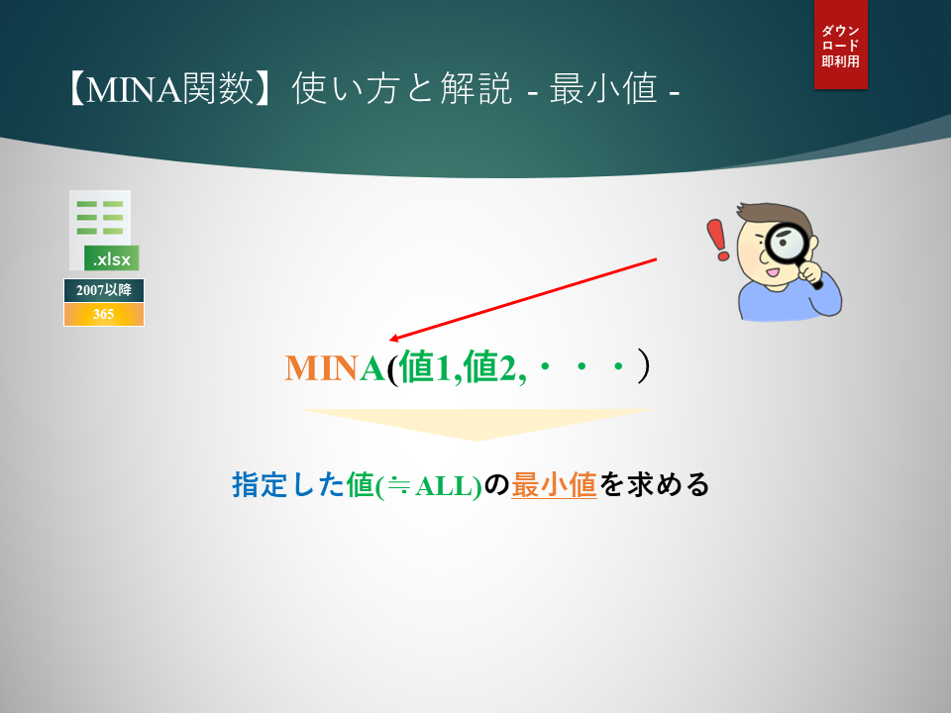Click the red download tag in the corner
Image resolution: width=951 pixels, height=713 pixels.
click(x=841, y=45)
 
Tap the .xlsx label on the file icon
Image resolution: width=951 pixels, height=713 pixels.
click(x=112, y=258)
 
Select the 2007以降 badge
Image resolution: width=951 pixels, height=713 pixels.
click(x=104, y=290)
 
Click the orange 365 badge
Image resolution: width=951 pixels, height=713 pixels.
click(x=104, y=314)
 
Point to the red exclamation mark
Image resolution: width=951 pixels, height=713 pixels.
click(x=718, y=240)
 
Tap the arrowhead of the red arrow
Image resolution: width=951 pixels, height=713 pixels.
click(x=394, y=339)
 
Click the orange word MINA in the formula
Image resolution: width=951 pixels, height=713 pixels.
click(x=334, y=368)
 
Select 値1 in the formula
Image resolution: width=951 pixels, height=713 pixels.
click(x=426, y=367)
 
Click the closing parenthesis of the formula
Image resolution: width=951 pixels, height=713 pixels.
click(x=644, y=365)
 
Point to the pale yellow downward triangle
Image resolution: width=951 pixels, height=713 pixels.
click(x=476, y=424)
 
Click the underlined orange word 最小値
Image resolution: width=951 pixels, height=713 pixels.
click(x=554, y=485)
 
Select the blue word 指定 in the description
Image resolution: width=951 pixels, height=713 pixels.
click(x=260, y=485)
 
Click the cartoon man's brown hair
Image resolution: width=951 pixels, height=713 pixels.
click(x=779, y=214)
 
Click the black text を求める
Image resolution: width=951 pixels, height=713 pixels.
click(x=654, y=485)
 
